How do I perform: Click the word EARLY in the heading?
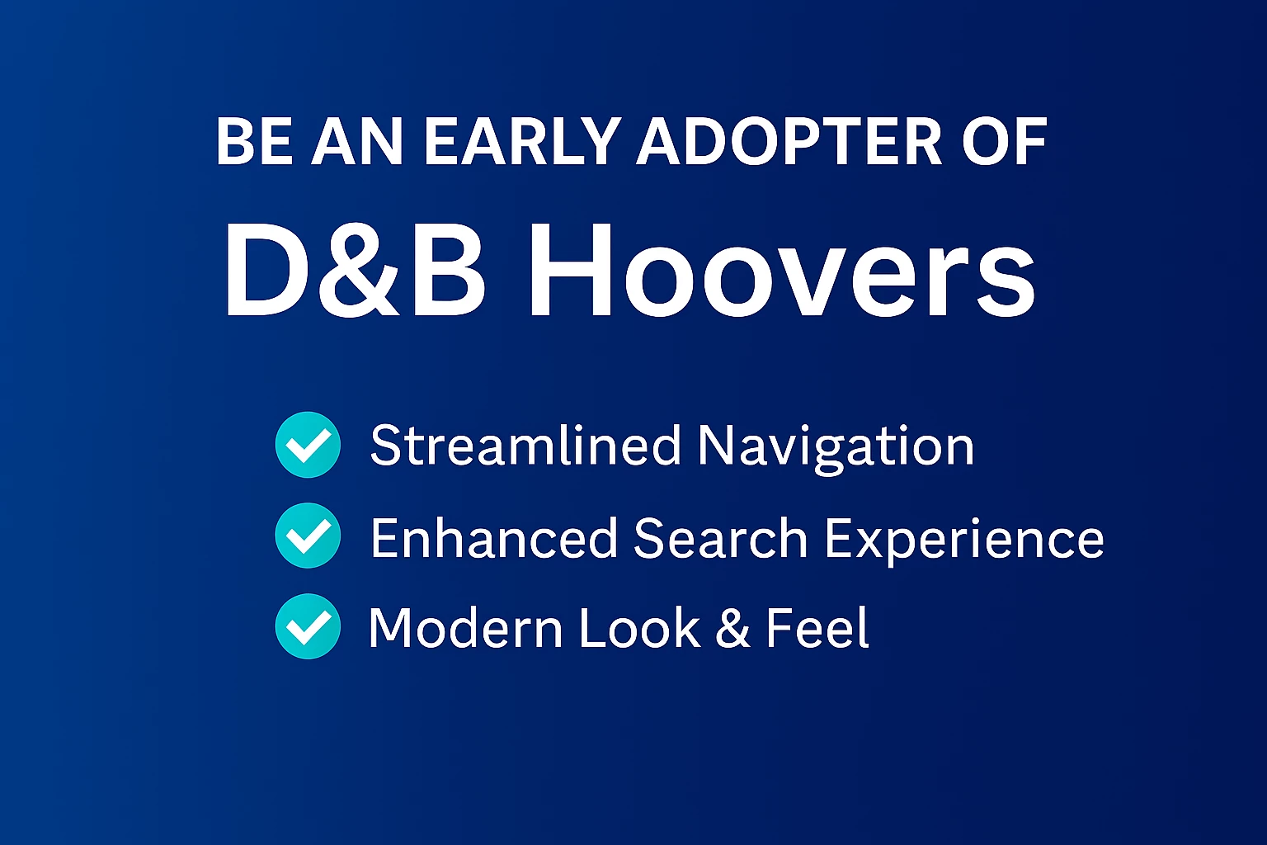[x=519, y=141]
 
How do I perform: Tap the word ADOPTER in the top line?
[x=789, y=141]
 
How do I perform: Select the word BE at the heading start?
[x=255, y=141]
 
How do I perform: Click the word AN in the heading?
[x=357, y=141]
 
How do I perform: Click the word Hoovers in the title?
[x=781, y=270]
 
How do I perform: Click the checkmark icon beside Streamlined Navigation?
[x=308, y=445]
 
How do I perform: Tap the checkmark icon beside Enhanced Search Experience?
[x=308, y=536]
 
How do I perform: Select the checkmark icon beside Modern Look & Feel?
[x=308, y=626]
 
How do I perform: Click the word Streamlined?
[x=525, y=446]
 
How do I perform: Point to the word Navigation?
[x=836, y=448]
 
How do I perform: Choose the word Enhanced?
[x=494, y=538]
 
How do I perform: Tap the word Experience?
[x=964, y=541]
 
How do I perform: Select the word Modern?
[x=465, y=628]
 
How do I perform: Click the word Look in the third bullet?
[x=640, y=628]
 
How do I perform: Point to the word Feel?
[x=817, y=628]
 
